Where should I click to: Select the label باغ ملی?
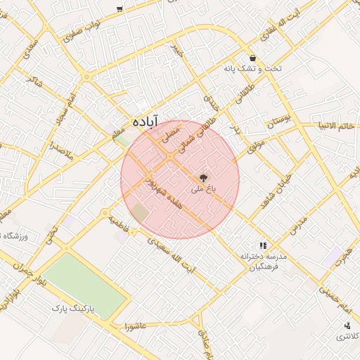point(204,190)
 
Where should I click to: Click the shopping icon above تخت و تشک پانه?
point(252,58)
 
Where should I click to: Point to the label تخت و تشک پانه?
point(252,69)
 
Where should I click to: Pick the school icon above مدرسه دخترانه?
point(262,245)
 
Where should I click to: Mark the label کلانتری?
point(346,337)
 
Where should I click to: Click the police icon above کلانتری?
point(347,326)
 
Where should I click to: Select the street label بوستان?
point(278,124)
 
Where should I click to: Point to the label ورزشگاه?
point(17,236)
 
